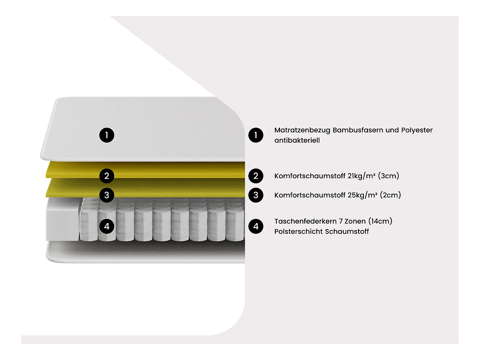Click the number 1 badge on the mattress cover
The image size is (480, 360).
[x=107, y=135]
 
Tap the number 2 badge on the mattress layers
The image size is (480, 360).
[x=107, y=176]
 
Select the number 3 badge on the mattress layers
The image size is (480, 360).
[x=107, y=195]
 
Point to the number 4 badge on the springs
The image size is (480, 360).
[x=107, y=226]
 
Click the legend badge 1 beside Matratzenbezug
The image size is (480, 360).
[x=256, y=135]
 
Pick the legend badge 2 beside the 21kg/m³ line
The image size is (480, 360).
[x=256, y=176]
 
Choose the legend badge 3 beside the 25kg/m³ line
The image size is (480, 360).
[x=256, y=195]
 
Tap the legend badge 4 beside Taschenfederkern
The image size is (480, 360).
[x=256, y=226]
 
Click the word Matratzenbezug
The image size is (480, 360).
[x=302, y=130]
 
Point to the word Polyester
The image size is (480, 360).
[x=417, y=130]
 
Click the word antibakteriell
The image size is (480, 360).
[x=297, y=140]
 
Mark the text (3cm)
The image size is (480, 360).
[x=388, y=176]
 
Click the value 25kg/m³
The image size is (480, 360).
[x=362, y=195]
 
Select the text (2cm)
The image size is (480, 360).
[x=390, y=195]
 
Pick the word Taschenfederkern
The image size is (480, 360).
[x=305, y=221]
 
